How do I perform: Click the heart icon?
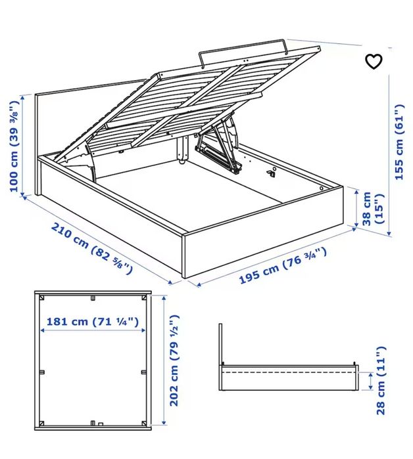[374, 62]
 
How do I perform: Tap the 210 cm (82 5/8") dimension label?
[92, 248]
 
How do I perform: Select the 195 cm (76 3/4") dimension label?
[283, 266]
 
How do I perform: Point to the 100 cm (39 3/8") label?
[14, 146]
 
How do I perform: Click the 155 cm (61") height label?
[399, 142]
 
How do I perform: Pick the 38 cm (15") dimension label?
[372, 208]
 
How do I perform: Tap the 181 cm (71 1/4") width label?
[93, 321]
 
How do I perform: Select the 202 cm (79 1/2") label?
[174, 361]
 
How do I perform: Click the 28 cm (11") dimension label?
[381, 380]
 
